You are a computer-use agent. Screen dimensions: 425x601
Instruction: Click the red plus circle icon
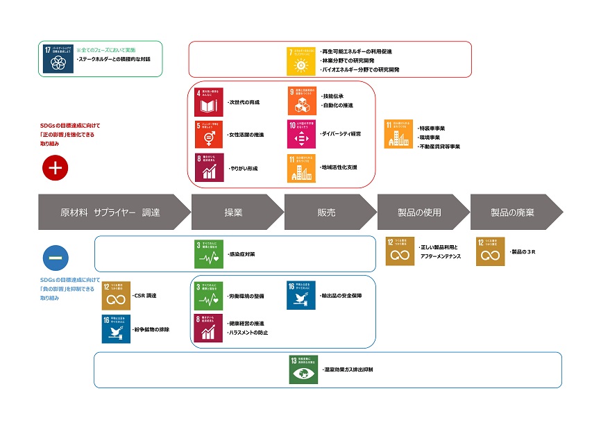[55, 167]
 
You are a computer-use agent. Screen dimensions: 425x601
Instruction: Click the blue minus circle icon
[56, 258]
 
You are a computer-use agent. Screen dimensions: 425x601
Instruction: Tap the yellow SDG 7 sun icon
[301, 60]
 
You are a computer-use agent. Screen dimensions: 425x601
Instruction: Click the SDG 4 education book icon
[209, 101]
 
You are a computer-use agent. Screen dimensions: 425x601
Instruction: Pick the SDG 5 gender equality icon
[209, 134]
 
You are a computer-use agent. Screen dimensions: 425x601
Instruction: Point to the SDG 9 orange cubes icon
[301, 101]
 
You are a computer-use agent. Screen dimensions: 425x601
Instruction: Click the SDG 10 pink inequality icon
[301, 134]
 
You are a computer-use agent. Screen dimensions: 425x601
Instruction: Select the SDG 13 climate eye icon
[303, 369]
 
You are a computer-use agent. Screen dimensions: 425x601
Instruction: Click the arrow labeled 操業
[234, 212]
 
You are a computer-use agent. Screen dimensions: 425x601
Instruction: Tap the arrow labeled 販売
[326, 212]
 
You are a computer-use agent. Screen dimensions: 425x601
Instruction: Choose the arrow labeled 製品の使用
[419, 212]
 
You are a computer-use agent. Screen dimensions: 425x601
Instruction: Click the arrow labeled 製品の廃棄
[512, 212]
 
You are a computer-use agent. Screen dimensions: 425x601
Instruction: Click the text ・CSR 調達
[144, 296]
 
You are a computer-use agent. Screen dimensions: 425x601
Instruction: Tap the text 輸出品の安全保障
[340, 296]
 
